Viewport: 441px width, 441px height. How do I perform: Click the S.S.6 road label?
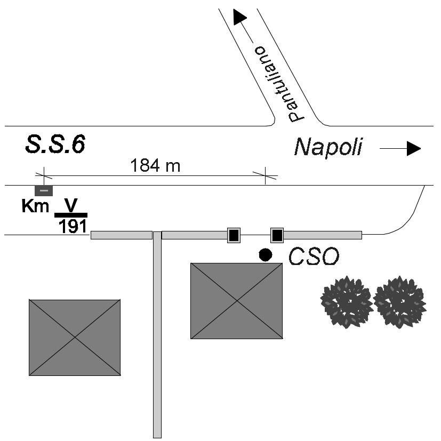click(x=55, y=145)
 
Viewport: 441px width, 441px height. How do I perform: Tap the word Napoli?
click(x=328, y=147)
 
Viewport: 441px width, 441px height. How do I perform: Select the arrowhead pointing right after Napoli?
click(x=413, y=149)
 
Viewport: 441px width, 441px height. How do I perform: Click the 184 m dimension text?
click(x=155, y=166)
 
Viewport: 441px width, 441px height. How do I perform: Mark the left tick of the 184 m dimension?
click(x=44, y=175)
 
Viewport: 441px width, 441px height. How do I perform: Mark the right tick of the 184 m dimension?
click(x=265, y=175)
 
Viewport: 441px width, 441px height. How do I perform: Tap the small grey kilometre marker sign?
click(x=44, y=190)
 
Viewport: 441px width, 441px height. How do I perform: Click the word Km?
click(x=36, y=206)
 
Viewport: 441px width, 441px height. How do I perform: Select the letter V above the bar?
click(x=71, y=205)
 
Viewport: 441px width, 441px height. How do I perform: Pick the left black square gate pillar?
click(x=234, y=235)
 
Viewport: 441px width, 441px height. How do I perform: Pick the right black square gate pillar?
click(x=277, y=235)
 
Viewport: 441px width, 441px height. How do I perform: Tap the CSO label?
click(x=314, y=258)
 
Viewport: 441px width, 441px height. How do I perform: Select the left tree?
click(x=346, y=301)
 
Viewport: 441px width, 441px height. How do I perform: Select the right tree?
click(x=399, y=301)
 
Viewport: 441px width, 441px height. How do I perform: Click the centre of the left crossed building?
click(x=74, y=338)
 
